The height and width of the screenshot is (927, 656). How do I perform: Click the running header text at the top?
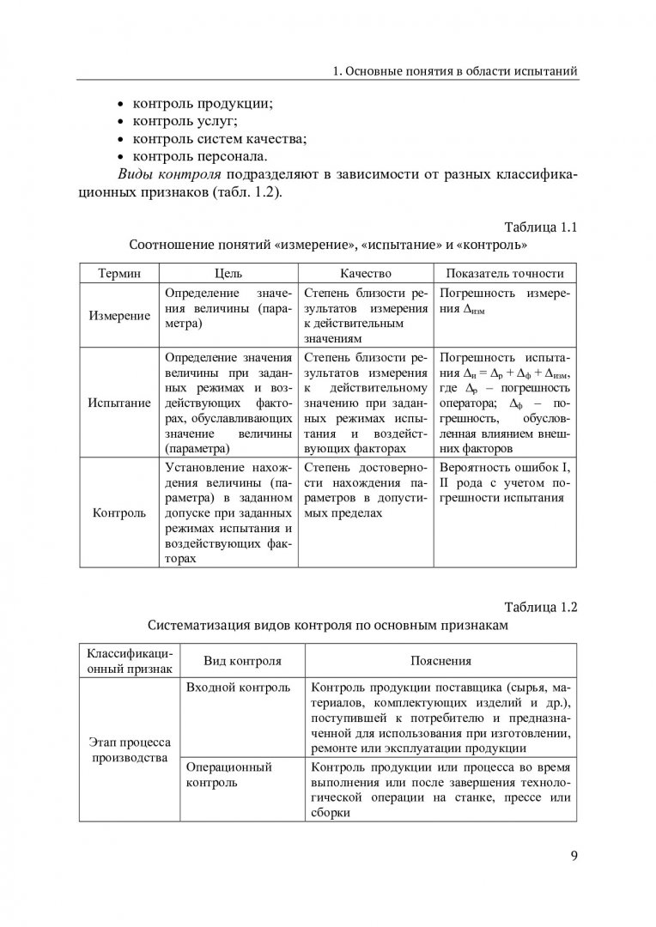(x=454, y=69)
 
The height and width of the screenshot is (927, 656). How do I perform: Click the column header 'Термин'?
(x=120, y=273)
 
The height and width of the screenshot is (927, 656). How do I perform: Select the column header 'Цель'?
(x=228, y=273)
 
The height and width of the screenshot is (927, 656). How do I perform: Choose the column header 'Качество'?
(x=365, y=273)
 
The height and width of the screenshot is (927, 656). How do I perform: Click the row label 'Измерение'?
(x=120, y=315)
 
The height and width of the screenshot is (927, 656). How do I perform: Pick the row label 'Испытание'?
(x=120, y=402)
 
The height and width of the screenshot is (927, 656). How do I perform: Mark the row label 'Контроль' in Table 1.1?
(x=120, y=512)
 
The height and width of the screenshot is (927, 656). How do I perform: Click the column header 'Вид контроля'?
(x=242, y=661)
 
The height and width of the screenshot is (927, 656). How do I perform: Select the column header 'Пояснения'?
(x=439, y=661)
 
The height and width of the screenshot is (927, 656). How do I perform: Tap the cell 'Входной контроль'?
(x=237, y=688)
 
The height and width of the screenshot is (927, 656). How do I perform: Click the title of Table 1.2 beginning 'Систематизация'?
(x=328, y=626)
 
